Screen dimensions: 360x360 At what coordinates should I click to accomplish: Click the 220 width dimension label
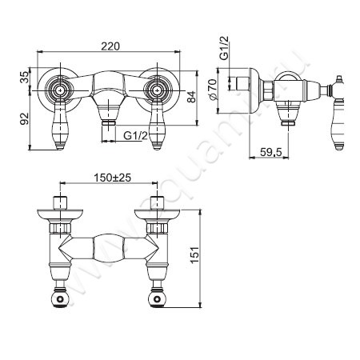110,46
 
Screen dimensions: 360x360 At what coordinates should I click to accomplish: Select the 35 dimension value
24,78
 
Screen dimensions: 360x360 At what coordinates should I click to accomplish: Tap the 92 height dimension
24,118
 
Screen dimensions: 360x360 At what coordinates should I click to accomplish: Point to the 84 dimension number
191,97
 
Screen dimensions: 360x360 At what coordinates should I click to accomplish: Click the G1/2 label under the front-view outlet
135,136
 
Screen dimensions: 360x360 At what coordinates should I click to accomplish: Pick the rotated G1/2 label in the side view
224,47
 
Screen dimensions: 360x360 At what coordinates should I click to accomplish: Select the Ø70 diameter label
213,90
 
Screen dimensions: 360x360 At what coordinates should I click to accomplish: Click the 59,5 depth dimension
270,152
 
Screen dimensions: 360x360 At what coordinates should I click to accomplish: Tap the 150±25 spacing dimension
113,178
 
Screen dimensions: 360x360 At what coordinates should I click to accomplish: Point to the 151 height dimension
194,255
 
